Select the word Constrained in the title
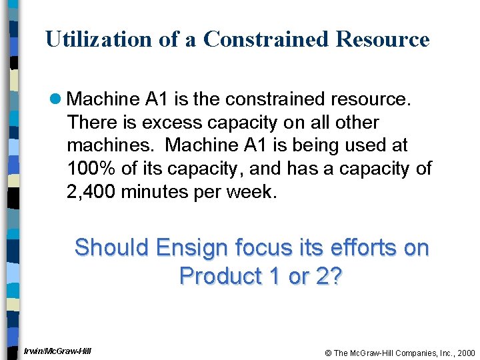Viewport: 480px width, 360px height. point(267,39)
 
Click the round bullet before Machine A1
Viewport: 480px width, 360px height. point(57,100)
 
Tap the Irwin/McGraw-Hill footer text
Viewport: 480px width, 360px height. point(57,351)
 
